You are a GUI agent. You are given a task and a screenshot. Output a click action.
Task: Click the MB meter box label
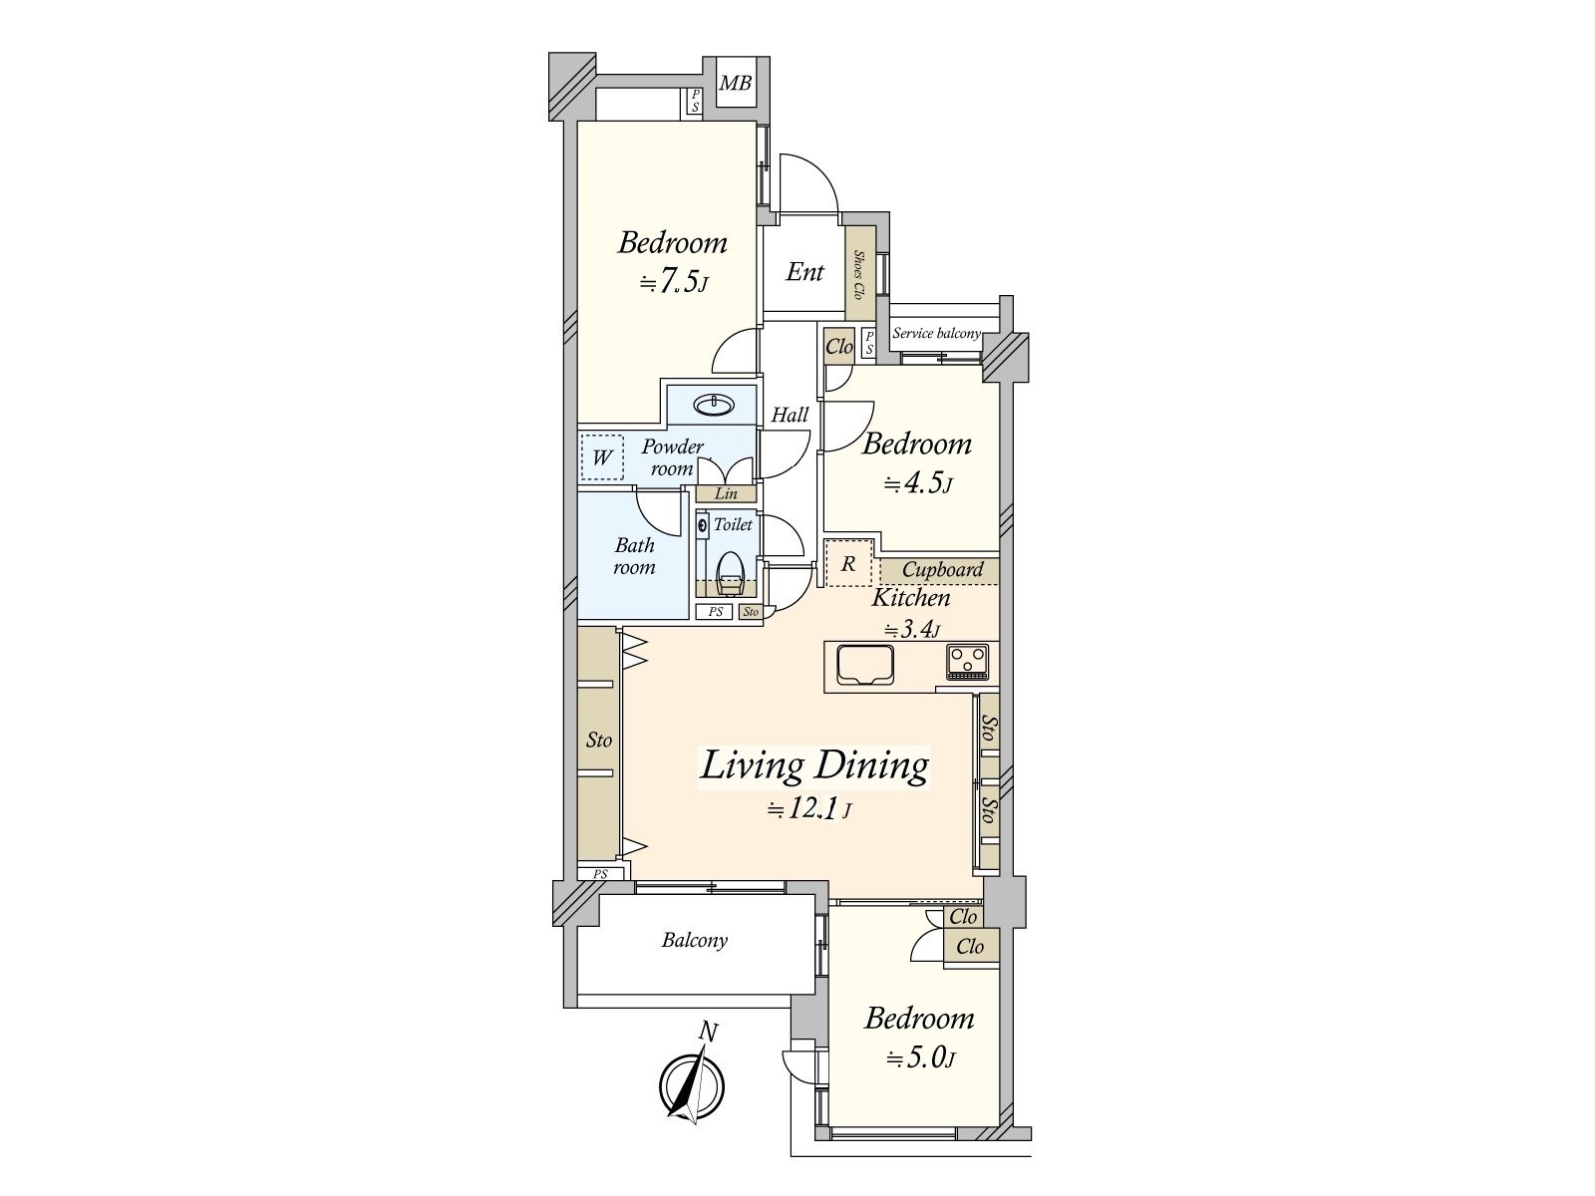[735, 84]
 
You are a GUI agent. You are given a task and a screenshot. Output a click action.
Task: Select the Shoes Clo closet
[859, 274]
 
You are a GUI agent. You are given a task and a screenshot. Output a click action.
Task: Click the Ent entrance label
[804, 272]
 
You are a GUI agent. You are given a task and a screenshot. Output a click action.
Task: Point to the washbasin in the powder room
[715, 405]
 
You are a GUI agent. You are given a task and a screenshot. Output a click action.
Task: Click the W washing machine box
[602, 456]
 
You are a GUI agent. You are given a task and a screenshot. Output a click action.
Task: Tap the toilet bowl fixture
[729, 574]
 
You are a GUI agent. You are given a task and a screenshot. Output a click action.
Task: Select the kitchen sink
[864, 665]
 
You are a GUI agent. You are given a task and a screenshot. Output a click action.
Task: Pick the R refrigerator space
[848, 563]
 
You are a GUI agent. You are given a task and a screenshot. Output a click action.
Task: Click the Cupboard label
[942, 570]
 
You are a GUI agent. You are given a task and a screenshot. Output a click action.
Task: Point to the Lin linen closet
[726, 493]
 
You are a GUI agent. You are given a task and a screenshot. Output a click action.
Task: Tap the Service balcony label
[937, 333]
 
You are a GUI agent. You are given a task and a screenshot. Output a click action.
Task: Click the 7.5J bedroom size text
[673, 281]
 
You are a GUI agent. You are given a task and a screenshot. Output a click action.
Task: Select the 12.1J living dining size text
[808, 809]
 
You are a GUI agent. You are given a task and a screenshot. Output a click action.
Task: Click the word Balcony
[694, 941]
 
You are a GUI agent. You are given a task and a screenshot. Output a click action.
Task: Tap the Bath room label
[634, 555]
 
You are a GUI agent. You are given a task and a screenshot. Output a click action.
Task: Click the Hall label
[790, 416]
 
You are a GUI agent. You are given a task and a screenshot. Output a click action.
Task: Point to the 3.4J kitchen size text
[912, 629]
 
